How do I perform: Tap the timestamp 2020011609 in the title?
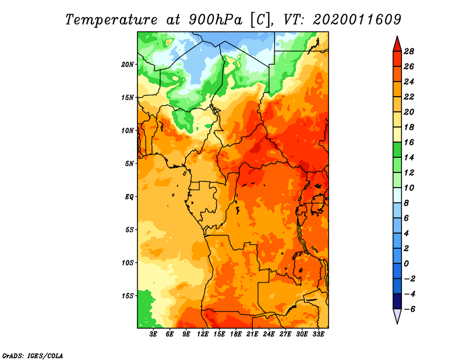pos(356,19)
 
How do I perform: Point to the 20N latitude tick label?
pos(128,64)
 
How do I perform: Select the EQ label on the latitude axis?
pos(129,197)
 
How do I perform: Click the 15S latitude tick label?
pos(128,296)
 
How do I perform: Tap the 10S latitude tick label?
pos(128,263)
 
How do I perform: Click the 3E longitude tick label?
pos(154,334)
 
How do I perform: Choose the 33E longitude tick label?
pos(318,334)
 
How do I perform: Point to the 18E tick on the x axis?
pos(236,334)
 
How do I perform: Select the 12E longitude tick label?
pos(203,334)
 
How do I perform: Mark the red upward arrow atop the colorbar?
pos(396,43)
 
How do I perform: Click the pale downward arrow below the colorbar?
pos(396,316)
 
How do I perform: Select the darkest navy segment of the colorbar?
pos(396,301)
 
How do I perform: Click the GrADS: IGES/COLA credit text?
pos(32,355)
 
